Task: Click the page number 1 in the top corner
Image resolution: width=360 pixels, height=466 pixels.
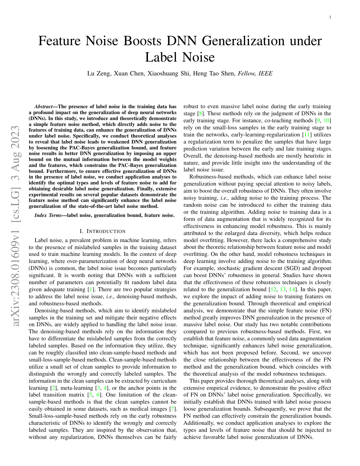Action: pos(330,18)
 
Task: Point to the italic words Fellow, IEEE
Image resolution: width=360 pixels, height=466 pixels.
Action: pos(255,74)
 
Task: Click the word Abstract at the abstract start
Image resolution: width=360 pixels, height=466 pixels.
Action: pos(43,107)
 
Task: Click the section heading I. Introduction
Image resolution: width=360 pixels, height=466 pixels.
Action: pos(102,232)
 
